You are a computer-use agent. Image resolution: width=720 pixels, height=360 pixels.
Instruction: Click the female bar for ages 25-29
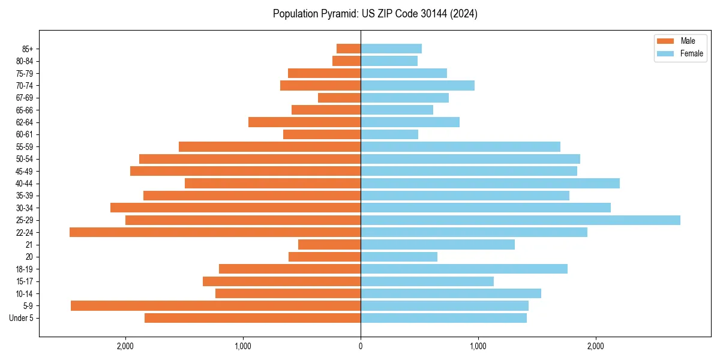click(520, 220)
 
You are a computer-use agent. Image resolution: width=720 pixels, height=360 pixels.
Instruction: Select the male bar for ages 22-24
click(215, 232)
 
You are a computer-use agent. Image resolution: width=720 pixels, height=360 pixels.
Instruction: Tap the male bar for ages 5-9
click(215, 305)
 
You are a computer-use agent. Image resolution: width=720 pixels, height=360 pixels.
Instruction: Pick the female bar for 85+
click(391, 49)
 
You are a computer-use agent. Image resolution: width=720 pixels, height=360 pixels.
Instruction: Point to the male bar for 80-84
click(346, 61)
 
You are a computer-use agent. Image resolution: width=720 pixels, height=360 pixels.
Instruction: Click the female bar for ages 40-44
click(490, 183)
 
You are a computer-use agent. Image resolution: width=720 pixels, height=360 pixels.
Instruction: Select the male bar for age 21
click(329, 244)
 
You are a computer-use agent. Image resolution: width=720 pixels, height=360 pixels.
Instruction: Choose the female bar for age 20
click(399, 257)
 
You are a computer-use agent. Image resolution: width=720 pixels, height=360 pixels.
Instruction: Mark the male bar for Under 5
click(253, 318)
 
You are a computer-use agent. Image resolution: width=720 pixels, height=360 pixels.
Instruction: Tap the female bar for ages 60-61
click(389, 134)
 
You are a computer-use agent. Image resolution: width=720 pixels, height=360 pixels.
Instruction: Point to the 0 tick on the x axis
click(361, 346)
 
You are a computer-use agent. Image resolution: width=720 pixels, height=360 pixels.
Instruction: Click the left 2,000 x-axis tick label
click(125, 346)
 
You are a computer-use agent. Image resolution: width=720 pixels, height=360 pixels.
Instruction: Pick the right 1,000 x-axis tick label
click(478, 346)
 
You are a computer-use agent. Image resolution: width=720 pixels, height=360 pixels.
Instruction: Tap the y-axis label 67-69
click(25, 98)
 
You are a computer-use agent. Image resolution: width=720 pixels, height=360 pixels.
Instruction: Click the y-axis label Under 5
click(22, 318)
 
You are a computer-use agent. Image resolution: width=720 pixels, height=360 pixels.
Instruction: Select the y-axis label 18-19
click(25, 269)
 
